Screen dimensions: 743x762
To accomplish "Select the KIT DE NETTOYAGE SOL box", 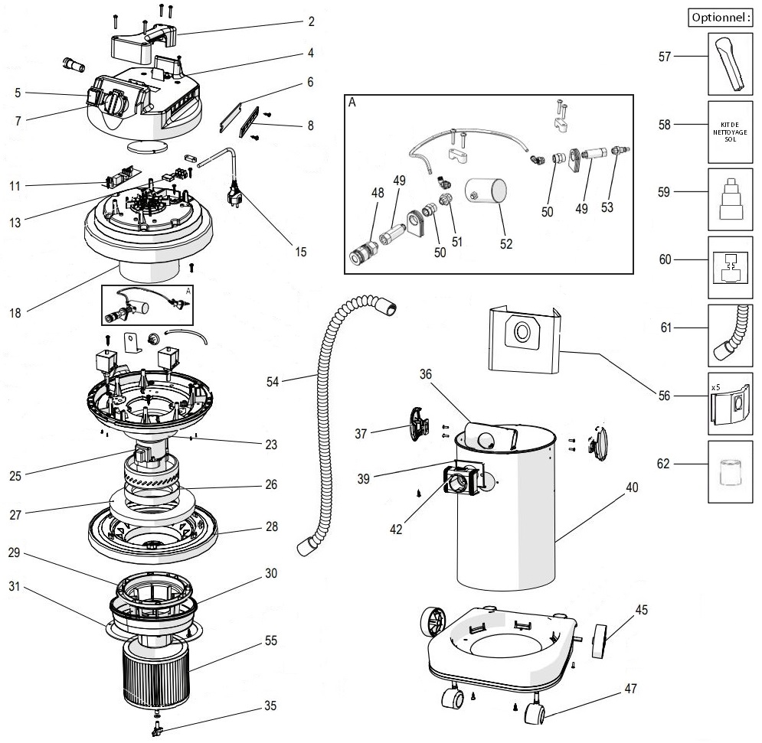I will click(730, 131).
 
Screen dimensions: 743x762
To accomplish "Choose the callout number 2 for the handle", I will click(311, 21).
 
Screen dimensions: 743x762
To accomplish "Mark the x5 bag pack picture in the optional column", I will click(730, 399).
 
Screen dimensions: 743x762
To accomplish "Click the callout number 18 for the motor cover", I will click(16, 311).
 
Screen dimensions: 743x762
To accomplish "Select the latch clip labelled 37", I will click(417, 423).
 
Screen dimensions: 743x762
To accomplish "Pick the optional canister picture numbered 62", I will click(730, 471).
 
